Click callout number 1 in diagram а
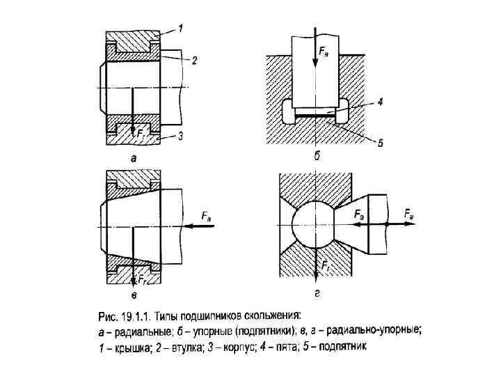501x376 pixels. tap(180, 29)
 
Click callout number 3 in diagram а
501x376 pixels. tap(180, 136)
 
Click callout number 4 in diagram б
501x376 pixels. tap(381, 102)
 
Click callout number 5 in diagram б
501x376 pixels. tap(381, 143)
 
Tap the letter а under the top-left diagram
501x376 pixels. tap(134, 158)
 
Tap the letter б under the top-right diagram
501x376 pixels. tap(317, 157)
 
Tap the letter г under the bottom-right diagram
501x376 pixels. tap(317, 295)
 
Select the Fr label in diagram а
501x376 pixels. tap(141, 132)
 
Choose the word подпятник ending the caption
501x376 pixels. tap(351, 345)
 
